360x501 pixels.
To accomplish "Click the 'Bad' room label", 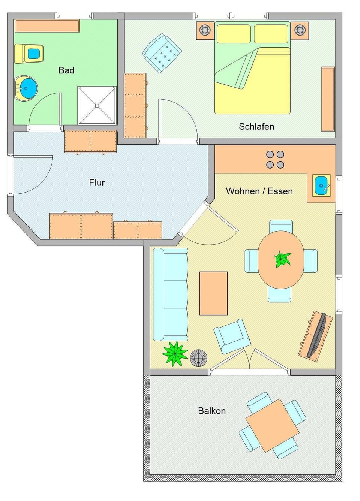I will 66,70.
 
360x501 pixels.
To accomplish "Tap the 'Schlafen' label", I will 256,126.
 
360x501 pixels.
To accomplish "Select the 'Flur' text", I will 97,182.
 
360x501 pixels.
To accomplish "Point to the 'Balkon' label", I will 212,411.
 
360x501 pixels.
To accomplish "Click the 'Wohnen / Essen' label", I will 259,191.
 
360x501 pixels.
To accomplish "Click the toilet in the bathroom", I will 29,54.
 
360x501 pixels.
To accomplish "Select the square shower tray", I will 97,105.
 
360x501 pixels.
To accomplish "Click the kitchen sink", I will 321,185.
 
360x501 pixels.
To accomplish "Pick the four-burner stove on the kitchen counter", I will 275,159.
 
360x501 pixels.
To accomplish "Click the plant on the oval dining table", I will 282,259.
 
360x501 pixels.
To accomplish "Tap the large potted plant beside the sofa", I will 174,353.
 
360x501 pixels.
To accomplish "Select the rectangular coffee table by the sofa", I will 213,293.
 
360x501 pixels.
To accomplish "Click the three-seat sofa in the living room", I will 171,294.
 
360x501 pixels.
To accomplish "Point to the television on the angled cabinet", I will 317,335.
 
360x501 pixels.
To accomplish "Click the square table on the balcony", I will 272,425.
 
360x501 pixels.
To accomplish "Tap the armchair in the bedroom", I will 162,53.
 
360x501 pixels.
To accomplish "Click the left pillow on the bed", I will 234,34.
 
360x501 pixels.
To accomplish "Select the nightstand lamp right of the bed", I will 300,30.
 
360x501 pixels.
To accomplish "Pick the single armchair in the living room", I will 231,336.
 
